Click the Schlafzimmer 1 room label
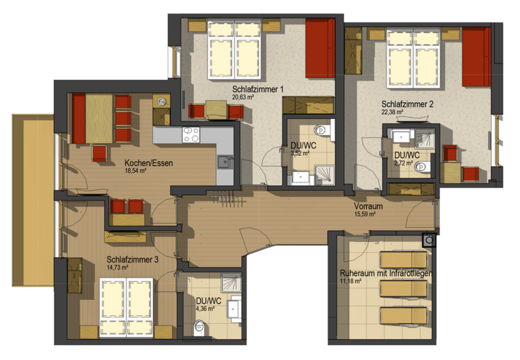tap(258, 89)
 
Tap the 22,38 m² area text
tap(392, 112)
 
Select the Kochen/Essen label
tap(148, 163)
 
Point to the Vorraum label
tap(368, 206)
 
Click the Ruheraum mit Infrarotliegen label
tap(386, 274)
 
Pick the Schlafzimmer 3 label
tap(132, 260)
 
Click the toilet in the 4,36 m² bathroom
tap(199, 327)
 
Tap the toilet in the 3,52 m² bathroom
tap(323, 129)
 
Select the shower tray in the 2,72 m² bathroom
tap(424, 138)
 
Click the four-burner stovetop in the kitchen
tap(191, 135)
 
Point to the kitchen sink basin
tap(225, 162)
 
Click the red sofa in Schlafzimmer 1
tap(320, 48)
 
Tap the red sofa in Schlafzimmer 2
tap(476, 57)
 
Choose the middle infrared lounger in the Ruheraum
tap(403, 288)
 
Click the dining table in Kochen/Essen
tap(99, 118)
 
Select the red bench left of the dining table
tap(79, 118)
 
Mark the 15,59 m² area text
tap(365, 215)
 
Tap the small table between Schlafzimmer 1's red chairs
tap(216, 109)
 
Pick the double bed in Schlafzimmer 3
tap(126, 307)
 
